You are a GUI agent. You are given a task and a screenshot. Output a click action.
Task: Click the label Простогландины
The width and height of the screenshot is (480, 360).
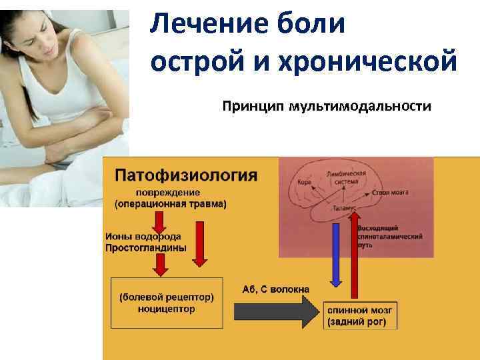(145, 247)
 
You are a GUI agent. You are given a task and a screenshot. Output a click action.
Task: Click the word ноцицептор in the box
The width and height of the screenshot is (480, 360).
(167, 309)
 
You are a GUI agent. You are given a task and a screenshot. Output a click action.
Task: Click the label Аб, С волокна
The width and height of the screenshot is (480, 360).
(276, 289)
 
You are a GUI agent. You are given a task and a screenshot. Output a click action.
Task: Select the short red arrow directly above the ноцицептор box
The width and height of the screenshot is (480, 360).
(161, 265)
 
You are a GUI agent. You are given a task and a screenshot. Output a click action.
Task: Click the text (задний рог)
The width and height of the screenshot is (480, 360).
(361, 323)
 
